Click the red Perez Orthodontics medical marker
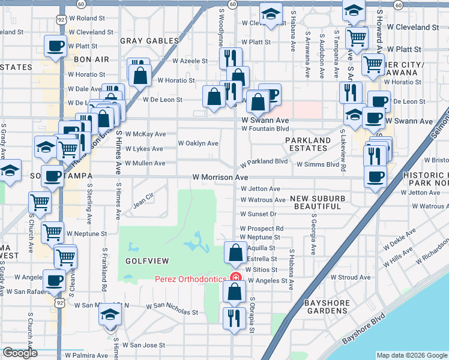(x=235, y=279)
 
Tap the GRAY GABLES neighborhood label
(x=149, y=41)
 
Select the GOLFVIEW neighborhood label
(x=144, y=262)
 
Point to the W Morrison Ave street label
(x=220, y=178)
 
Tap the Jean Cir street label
(x=143, y=196)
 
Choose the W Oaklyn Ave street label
(x=198, y=143)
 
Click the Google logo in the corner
(x=20, y=353)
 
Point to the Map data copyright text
(x=411, y=355)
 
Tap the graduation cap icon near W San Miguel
(x=109, y=314)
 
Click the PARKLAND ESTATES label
(x=308, y=145)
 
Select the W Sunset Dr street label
(x=258, y=214)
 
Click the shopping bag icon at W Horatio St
(x=140, y=76)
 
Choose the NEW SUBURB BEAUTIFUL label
(x=318, y=202)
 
